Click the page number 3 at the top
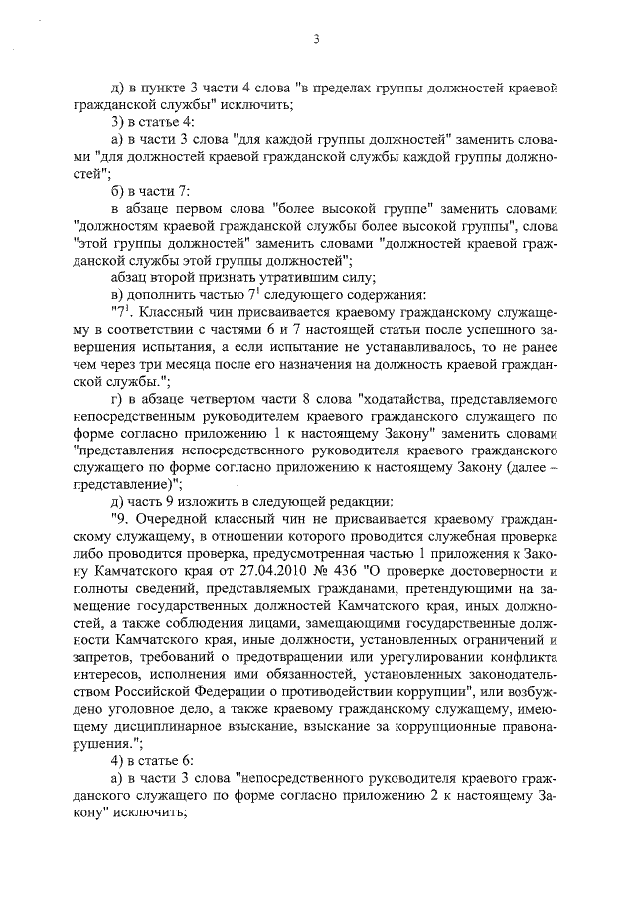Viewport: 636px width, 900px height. point(316,40)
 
